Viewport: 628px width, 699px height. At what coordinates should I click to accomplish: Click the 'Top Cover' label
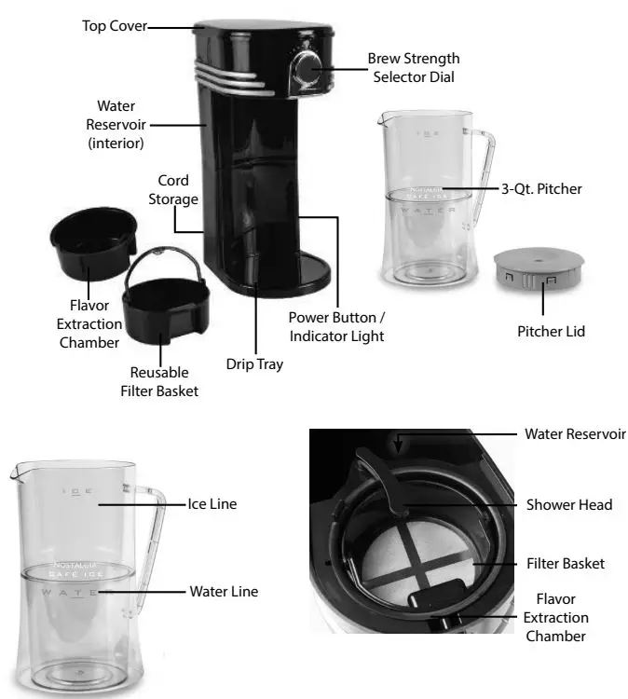click(114, 26)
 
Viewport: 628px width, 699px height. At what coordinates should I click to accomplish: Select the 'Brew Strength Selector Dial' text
click(414, 67)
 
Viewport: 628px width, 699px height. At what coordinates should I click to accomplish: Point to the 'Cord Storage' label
click(173, 189)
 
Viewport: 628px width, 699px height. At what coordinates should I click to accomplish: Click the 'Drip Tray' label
click(254, 364)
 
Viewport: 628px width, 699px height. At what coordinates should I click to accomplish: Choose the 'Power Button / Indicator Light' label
click(336, 326)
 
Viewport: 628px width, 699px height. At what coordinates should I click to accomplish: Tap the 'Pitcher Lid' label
click(552, 331)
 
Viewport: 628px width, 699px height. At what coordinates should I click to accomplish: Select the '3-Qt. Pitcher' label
click(539, 188)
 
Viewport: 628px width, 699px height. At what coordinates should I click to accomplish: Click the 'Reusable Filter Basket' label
click(159, 381)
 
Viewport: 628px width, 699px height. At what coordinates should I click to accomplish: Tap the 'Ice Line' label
click(212, 503)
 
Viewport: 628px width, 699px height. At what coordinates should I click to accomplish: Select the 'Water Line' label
click(224, 591)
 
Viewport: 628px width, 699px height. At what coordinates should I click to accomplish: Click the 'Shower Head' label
click(568, 504)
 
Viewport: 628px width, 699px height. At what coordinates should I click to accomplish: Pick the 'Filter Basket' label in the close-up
click(567, 563)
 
